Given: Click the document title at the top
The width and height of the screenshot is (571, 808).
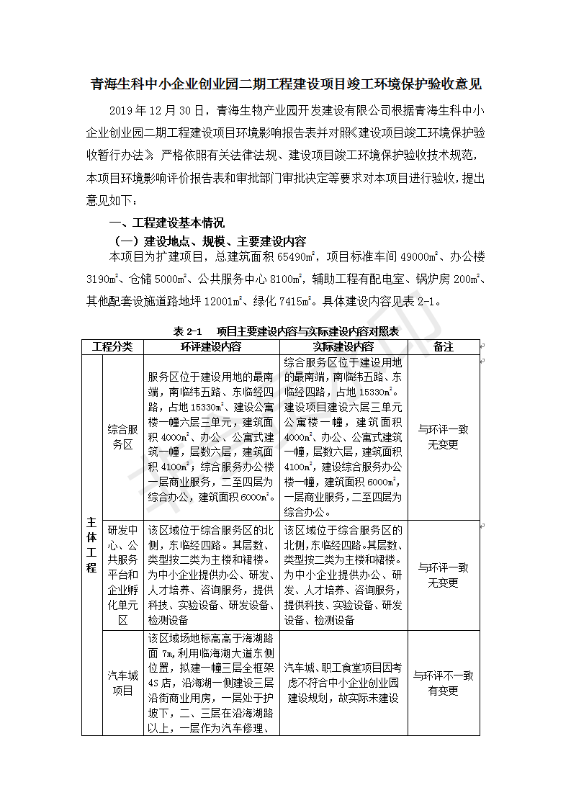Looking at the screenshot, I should [285, 85].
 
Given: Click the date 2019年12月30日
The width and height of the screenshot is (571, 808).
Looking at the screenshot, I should [152, 109].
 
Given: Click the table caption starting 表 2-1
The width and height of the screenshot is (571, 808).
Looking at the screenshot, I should [286, 332].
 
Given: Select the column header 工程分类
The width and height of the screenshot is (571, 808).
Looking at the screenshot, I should [112, 346].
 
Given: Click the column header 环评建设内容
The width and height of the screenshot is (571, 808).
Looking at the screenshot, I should [211, 346].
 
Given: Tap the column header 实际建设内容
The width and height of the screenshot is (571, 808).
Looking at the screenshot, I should [343, 346].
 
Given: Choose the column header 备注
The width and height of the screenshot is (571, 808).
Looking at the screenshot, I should [444, 346].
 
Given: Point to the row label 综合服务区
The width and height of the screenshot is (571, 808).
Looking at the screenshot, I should [122, 436].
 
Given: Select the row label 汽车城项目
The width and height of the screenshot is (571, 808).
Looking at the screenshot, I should [122, 683].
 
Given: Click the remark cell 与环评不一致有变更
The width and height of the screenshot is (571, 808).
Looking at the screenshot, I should [444, 683].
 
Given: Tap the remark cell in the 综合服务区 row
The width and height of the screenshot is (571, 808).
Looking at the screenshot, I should [444, 436].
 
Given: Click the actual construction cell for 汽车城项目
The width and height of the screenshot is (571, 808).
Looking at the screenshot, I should [343, 683].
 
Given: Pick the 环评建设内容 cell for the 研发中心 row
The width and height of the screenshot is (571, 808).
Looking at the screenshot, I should [211, 574].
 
